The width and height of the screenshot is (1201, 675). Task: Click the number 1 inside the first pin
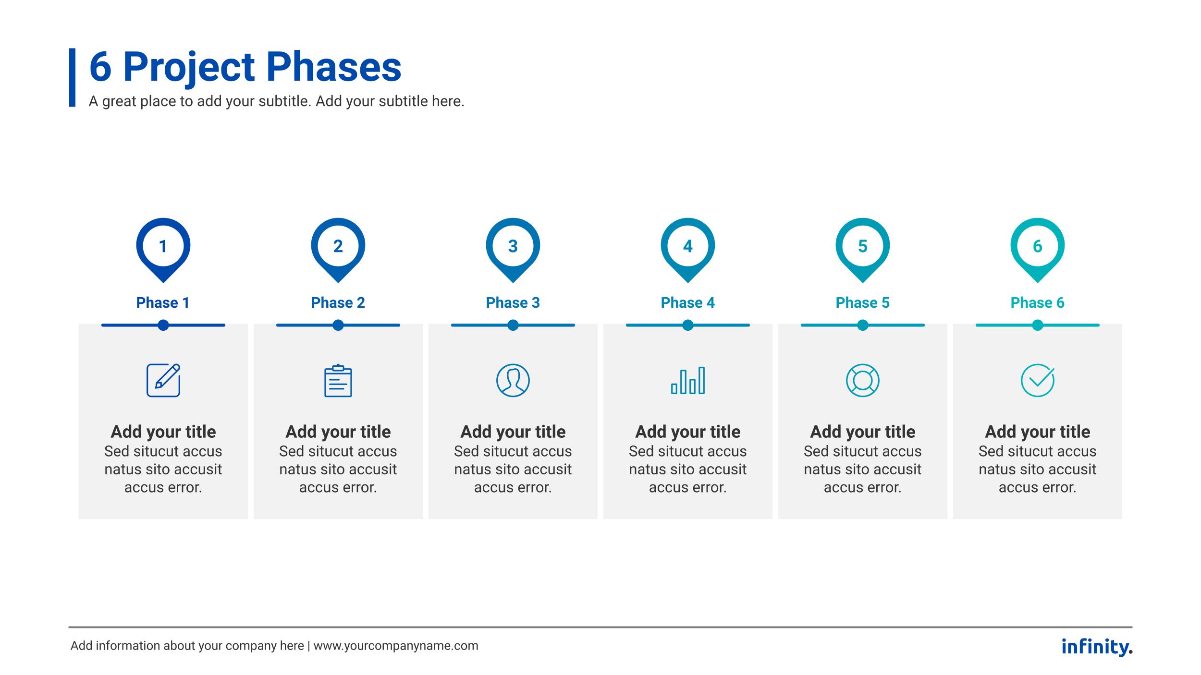tap(163, 246)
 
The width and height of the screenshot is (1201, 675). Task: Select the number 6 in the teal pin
tap(1037, 246)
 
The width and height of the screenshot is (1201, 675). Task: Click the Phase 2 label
tap(338, 302)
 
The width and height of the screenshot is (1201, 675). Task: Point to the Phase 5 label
tap(862, 302)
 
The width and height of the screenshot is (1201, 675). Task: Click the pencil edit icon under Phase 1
tap(163, 380)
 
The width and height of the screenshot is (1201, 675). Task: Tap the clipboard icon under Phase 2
tap(338, 380)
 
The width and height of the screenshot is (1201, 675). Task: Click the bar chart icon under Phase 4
tap(688, 380)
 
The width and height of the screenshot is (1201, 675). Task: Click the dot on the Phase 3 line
tap(513, 325)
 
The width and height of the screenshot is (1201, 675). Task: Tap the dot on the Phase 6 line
tap(1037, 325)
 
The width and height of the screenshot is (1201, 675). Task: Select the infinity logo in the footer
tap(1097, 647)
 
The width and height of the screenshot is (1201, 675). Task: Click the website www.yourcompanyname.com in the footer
tap(396, 646)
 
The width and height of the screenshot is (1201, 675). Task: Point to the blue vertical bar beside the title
tap(72, 77)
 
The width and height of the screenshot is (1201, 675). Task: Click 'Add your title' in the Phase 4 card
tap(687, 432)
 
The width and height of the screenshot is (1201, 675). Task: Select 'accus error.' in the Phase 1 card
tap(163, 487)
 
